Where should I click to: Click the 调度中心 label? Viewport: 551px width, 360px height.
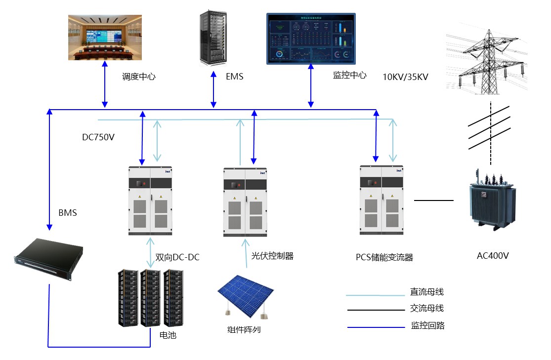click(x=138, y=77)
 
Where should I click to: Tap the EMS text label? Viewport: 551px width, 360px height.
click(x=234, y=77)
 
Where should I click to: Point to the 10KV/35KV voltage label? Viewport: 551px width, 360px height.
click(x=405, y=77)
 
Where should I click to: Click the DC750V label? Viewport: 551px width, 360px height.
click(x=98, y=137)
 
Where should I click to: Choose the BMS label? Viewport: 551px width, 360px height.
click(x=68, y=213)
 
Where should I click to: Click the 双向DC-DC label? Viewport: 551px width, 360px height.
click(x=177, y=257)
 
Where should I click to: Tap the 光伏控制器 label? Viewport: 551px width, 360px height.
click(x=272, y=256)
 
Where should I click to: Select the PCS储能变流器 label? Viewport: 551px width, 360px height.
click(x=384, y=257)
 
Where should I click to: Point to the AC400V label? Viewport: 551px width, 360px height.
click(x=493, y=256)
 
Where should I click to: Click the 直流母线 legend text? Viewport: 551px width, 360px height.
click(x=427, y=292)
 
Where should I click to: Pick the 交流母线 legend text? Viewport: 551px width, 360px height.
click(x=427, y=308)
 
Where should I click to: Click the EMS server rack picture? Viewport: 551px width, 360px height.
click(x=213, y=38)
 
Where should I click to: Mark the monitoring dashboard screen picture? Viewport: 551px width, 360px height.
click(x=311, y=39)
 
